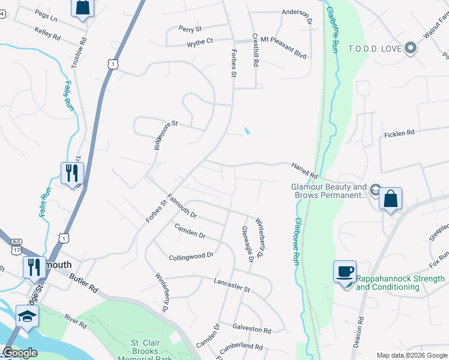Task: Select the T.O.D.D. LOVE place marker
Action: (411, 47)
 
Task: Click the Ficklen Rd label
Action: (399, 133)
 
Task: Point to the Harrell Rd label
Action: (304, 170)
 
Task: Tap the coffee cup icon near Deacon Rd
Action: (345, 272)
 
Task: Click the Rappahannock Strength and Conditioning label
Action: (400, 283)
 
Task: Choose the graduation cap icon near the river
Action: (27, 316)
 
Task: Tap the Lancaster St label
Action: (232, 285)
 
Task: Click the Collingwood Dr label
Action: (191, 256)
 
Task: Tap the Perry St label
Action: (190, 28)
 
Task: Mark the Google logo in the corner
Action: (19, 353)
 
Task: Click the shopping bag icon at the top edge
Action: (82, 7)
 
